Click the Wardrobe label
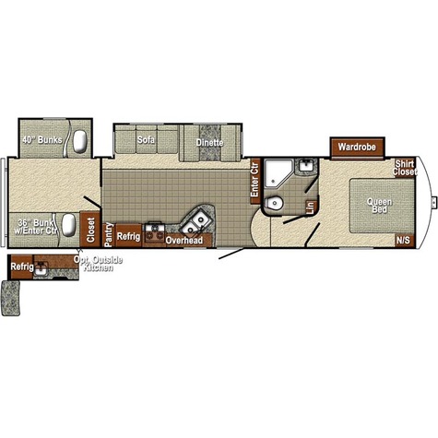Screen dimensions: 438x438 357,147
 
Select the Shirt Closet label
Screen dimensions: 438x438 405,168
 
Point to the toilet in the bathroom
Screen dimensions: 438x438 274,203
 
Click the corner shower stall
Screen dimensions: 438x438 278,174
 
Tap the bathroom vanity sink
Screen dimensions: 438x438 306,166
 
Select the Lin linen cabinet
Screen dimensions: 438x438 311,207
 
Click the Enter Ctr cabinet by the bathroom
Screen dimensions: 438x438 255,181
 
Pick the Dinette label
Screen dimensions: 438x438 209,143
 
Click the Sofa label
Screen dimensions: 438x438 146,140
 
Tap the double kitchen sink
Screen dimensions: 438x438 195,223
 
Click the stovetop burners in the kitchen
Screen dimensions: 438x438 155,231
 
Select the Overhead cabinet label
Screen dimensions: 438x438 184,241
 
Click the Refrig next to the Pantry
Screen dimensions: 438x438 129,236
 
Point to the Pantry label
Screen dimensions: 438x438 108,235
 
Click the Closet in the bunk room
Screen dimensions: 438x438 90,230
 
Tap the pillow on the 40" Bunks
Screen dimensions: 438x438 80,141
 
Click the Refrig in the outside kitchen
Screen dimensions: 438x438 22,266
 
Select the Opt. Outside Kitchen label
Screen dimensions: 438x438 98,264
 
